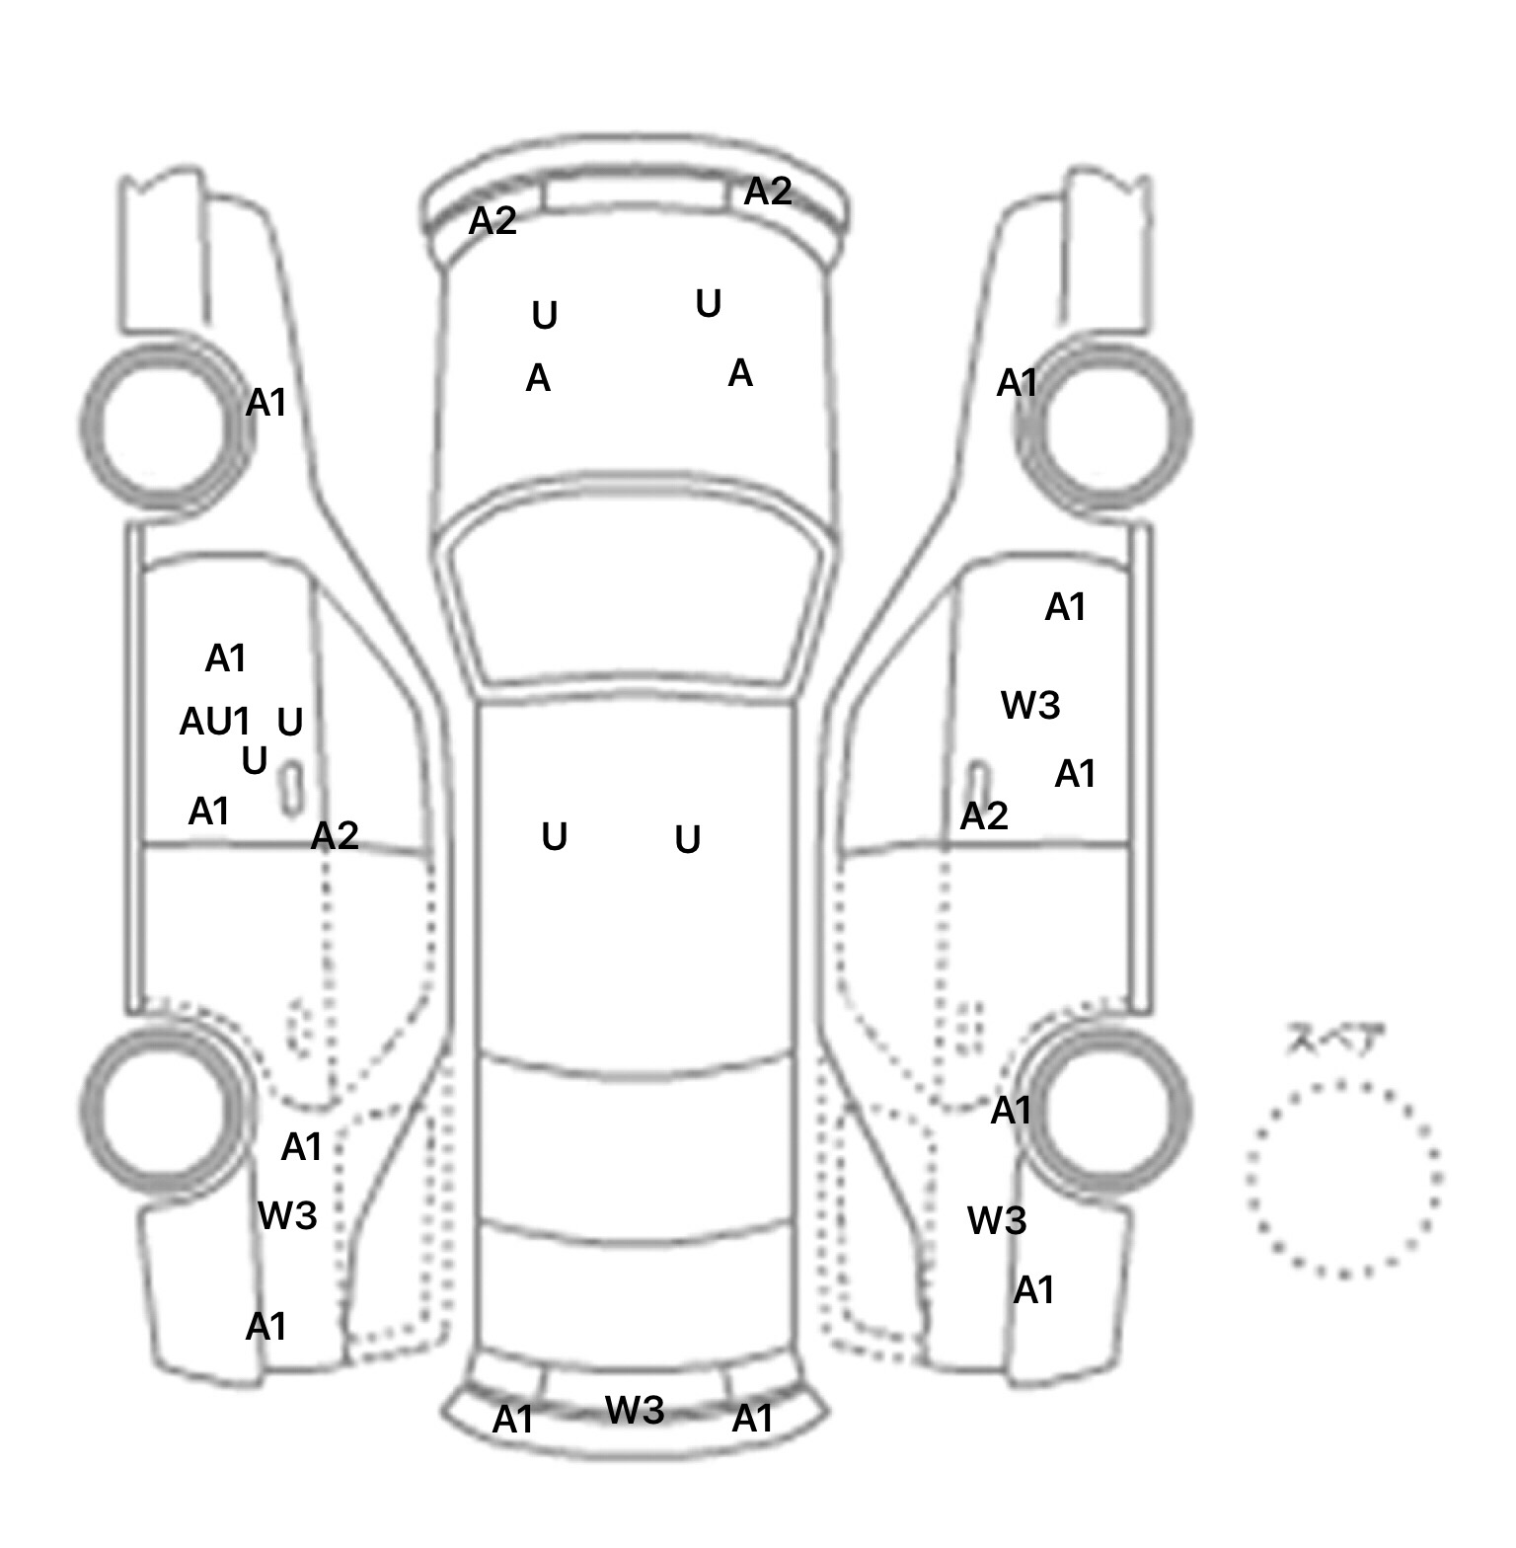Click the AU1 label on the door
pos(214,722)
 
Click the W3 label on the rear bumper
pos(635,1409)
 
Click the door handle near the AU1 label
pos(291,788)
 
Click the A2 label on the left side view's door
pos(335,836)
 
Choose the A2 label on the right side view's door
pos(984,815)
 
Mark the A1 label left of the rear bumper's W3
pos(512,1420)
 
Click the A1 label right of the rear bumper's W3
pos(752,1419)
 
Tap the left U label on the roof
pos(555,837)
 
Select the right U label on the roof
pos(688,840)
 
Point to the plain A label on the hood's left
pos(538,378)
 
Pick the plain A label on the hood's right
pos(740,373)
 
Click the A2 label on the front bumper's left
pos(493,220)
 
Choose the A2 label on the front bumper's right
pos(768,191)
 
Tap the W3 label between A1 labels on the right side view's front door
pos(1030,705)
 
